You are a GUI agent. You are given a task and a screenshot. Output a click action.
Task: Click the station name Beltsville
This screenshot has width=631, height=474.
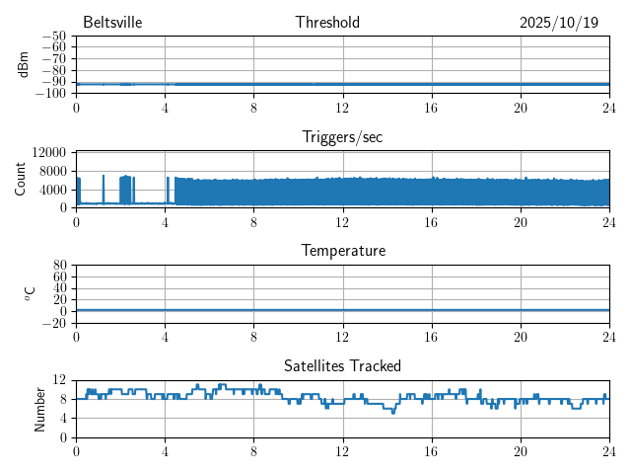112,23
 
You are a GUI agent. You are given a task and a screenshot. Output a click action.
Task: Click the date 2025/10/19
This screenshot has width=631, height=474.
558,23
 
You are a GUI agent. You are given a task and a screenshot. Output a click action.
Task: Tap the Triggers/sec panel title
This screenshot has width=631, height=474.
342,137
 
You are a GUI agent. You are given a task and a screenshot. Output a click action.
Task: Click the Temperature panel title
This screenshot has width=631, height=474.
342,251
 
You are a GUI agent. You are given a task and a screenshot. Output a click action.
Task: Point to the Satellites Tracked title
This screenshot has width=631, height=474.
342,366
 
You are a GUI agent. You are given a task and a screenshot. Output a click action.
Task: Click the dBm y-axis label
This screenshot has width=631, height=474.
23,64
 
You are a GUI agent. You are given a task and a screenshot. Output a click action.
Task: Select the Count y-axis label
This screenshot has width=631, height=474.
22,180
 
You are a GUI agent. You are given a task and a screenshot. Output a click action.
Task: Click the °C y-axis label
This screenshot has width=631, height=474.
30,294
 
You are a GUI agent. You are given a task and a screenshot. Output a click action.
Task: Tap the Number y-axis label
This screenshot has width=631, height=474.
40,409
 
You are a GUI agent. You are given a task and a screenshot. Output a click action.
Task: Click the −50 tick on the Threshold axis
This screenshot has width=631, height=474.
53,36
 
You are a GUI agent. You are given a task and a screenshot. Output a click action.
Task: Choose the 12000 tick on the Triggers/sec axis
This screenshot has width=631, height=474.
48,153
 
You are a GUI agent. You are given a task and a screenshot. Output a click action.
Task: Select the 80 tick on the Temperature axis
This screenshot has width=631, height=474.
60,266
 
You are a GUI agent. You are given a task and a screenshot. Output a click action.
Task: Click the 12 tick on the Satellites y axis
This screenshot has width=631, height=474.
60,380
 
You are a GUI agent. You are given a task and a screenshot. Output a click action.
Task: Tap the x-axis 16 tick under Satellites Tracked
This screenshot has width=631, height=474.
431,451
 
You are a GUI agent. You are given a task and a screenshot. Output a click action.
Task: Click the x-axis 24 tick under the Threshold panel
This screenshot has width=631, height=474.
608,108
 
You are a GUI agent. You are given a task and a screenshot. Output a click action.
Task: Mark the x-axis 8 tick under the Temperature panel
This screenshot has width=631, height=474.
253,337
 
